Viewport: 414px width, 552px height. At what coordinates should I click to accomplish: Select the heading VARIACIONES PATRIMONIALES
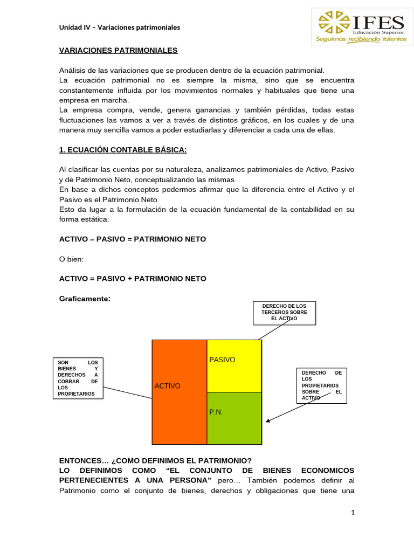(118, 50)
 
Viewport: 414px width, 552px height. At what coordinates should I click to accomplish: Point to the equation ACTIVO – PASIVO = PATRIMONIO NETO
(132, 239)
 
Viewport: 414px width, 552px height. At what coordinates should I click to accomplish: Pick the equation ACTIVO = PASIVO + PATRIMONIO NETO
(132, 278)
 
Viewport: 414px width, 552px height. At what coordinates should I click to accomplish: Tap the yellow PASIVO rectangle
(234, 366)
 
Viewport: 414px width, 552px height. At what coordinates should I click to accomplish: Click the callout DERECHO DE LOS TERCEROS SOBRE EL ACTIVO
(284, 313)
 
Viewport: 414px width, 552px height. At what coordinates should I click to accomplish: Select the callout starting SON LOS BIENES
(78, 378)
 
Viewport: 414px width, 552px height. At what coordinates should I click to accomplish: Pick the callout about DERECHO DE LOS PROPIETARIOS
(321, 385)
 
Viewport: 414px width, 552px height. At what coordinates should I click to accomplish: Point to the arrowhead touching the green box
(267, 421)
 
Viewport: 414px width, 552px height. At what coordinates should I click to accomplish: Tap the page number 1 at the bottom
(353, 513)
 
